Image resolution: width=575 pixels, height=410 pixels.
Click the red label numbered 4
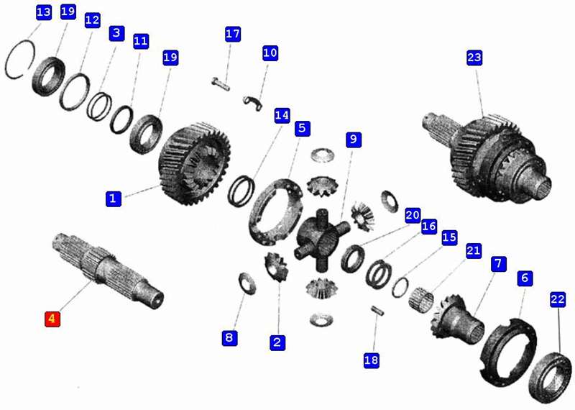pyautogui.click(x=52, y=319)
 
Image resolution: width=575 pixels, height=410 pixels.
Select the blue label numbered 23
pyautogui.click(x=474, y=58)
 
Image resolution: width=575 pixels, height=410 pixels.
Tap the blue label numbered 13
pyautogui.click(x=44, y=12)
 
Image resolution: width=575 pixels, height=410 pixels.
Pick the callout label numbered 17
pyautogui.click(x=233, y=34)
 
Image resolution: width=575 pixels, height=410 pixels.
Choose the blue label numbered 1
pyautogui.click(x=114, y=199)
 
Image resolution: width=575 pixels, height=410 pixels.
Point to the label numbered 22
pyautogui.click(x=558, y=299)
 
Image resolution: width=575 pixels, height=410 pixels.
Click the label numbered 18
pyautogui.click(x=371, y=360)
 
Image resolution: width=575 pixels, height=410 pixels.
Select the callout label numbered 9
pyautogui.click(x=354, y=140)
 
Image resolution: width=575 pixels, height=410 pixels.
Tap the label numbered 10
pyautogui.click(x=270, y=53)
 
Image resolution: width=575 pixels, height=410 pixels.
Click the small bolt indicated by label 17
pyautogui.click(x=221, y=83)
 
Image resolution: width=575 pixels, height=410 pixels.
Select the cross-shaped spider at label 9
pyautogui.click(x=322, y=240)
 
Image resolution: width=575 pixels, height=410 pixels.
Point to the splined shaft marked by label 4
pyautogui.click(x=109, y=270)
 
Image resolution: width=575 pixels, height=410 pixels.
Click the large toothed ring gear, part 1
pyautogui.click(x=195, y=163)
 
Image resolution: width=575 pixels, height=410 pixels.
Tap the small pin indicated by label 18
pyautogui.click(x=377, y=310)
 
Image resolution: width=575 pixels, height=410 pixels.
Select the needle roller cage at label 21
pyautogui.click(x=421, y=299)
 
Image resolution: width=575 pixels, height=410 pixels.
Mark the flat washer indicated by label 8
pyautogui.click(x=247, y=283)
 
